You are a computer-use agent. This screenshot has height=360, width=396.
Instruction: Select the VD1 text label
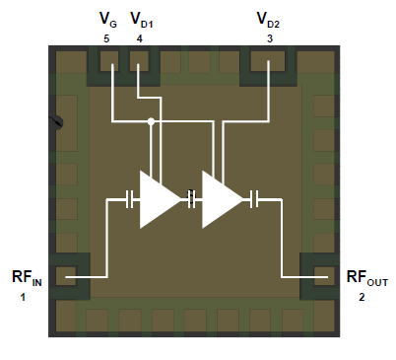143,19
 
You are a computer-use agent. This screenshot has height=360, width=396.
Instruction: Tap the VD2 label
268,19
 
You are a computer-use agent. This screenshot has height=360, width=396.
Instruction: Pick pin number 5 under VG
105,37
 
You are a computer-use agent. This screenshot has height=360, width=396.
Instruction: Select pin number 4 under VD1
140,37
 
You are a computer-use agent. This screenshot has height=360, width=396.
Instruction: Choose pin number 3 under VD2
269,37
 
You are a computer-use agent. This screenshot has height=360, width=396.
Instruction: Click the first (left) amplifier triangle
158,200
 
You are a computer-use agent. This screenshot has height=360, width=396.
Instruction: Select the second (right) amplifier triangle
221,200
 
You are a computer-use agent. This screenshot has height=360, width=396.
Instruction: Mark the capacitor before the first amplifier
130,200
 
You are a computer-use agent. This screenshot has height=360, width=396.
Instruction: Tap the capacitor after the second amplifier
254,200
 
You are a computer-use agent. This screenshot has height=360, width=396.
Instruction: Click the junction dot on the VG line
150,122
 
